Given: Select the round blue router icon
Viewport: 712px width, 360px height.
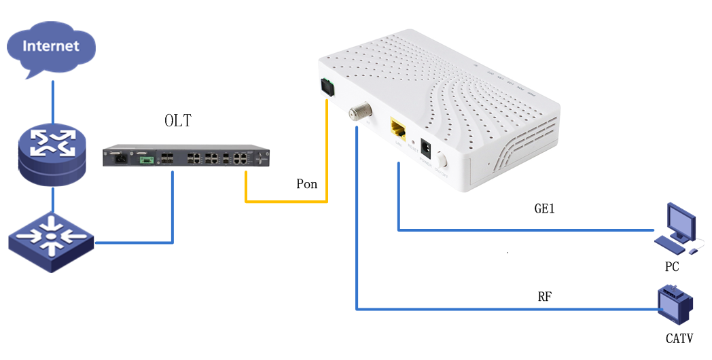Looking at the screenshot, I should pyautogui.click(x=52, y=156).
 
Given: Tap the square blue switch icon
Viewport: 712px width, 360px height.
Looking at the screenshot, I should pyautogui.click(x=51, y=241).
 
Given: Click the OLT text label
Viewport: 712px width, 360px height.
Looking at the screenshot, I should pyautogui.click(x=178, y=122).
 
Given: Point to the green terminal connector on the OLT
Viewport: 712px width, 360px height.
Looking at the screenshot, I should pyautogui.click(x=145, y=160).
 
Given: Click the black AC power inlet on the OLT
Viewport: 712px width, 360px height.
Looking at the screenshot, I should pyautogui.click(x=116, y=159).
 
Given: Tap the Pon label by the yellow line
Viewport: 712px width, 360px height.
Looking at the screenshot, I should pyautogui.click(x=307, y=184).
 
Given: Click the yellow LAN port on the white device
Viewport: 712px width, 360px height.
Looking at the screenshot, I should pyautogui.click(x=397, y=127).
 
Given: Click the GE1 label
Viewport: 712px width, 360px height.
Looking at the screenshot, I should pyautogui.click(x=545, y=209).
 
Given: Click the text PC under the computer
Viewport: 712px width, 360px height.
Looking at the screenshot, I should pyautogui.click(x=672, y=267).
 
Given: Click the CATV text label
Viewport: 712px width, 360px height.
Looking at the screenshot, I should pyautogui.click(x=679, y=338).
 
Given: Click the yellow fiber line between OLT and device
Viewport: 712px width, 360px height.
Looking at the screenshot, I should pyautogui.click(x=285, y=201).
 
